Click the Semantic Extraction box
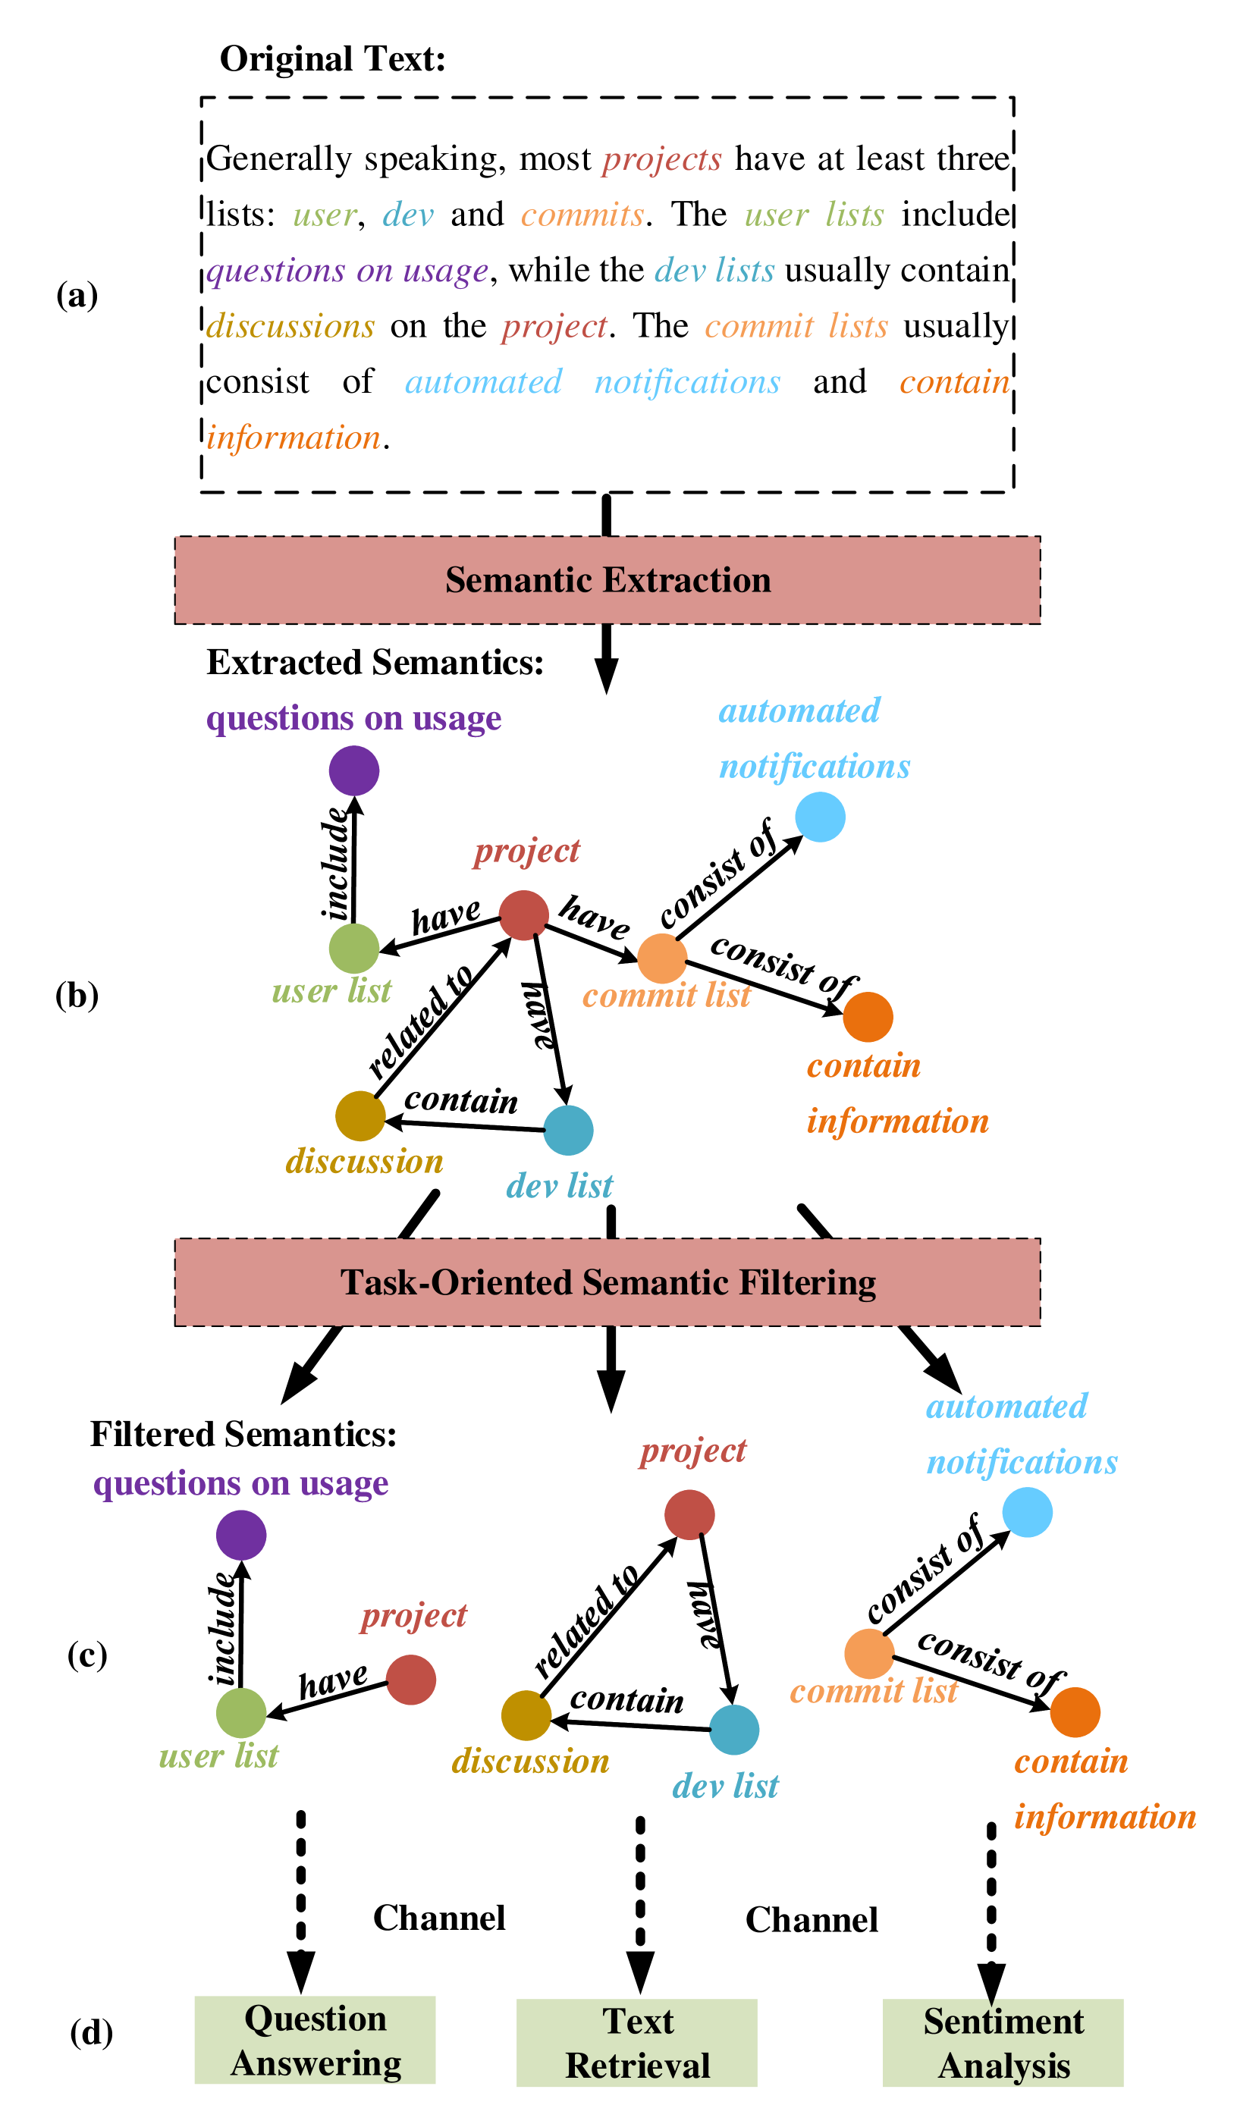(608, 580)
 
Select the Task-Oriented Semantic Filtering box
(608, 1282)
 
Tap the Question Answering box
(315, 2040)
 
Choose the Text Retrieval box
(637, 2043)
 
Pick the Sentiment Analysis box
(1003, 2043)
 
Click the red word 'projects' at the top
(662, 159)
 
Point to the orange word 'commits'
(582, 215)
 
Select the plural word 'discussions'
(290, 327)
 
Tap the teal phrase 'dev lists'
(714, 271)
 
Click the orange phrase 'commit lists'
(796, 327)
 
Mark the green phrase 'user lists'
(814, 215)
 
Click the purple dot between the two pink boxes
(353, 770)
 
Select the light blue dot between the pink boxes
(820, 817)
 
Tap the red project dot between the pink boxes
(523, 915)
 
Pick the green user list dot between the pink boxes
(353, 949)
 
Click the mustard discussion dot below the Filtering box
(526, 1715)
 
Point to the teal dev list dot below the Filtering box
(734, 1730)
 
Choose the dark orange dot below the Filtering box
(1075, 1711)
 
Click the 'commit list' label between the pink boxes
(666, 996)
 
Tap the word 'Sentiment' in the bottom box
(1003, 2022)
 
